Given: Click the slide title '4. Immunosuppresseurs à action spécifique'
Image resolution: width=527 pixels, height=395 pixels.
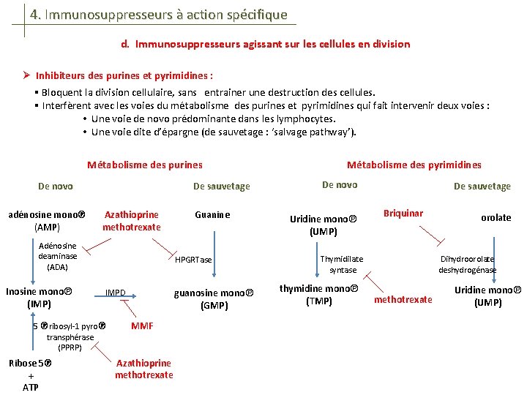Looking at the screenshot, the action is (x=159, y=15).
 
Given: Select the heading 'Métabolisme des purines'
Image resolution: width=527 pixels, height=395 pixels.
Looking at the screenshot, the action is (x=145, y=165).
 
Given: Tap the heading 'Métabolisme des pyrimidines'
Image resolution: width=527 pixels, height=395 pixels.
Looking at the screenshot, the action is (x=414, y=165).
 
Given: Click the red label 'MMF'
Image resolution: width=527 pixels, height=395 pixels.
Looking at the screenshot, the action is (x=142, y=326).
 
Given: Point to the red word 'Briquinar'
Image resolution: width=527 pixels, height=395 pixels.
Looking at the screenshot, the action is (x=403, y=214).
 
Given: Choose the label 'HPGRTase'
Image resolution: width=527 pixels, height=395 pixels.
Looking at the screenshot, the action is (x=193, y=260).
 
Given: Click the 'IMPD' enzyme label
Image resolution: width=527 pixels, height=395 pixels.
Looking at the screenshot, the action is (x=116, y=293).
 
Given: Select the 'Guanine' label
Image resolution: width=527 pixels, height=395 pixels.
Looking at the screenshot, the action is (x=212, y=215).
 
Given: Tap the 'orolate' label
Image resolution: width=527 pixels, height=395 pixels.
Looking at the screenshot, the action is (x=496, y=218).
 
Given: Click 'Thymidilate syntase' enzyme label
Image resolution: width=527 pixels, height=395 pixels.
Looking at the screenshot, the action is (x=342, y=265).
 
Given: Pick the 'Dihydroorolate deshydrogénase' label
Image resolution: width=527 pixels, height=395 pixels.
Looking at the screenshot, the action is (x=467, y=265).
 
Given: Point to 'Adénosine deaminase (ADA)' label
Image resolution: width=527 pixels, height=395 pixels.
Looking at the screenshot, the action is (x=57, y=257).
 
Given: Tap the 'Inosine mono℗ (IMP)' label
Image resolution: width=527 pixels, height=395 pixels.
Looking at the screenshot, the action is (x=38, y=298).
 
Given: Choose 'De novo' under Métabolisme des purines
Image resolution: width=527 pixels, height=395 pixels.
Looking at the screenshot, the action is (x=56, y=187).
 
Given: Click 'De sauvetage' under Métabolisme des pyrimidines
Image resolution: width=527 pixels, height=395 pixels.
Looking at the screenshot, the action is (x=482, y=187).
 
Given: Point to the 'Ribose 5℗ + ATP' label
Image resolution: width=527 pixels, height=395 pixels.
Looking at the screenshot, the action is (x=31, y=375).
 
